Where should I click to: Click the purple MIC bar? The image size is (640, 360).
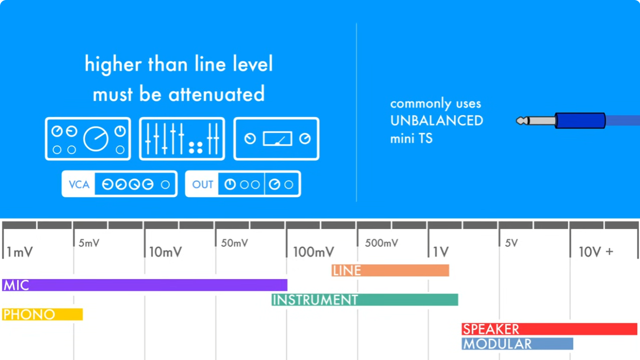click(145, 285)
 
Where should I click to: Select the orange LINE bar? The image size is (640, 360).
click(390, 270)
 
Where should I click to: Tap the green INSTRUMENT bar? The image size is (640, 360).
click(364, 300)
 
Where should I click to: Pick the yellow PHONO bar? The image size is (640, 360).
click(42, 314)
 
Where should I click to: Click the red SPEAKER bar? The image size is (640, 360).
click(549, 329)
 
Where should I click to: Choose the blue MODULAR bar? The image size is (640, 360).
click(517, 343)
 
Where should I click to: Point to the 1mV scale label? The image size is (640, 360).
click(20, 252)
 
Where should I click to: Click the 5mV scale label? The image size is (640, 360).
click(89, 243)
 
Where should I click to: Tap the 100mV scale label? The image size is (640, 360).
click(313, 252)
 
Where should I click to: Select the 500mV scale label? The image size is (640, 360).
click(381, 243)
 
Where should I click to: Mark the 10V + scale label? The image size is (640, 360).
click(596, 252)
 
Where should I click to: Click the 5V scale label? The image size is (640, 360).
click(511, 243)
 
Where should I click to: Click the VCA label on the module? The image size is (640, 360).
click(79, 185)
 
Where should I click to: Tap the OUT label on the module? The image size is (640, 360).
click(202, 185)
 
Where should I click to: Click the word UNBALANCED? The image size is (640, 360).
click(437, 121)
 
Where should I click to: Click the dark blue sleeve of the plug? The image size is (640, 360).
click(580, 121)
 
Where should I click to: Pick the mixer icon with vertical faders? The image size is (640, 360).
click(182, 139)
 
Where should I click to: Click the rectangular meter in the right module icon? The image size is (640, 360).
click(277, 139)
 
